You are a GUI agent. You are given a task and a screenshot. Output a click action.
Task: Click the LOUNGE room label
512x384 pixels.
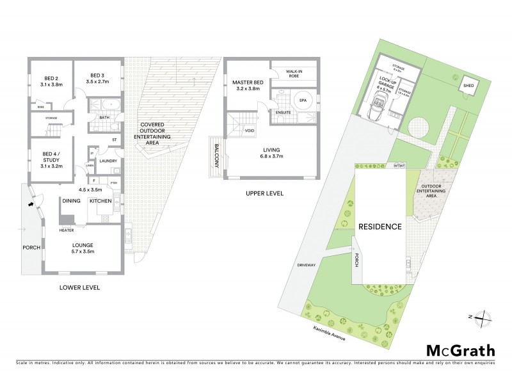click(83, 245)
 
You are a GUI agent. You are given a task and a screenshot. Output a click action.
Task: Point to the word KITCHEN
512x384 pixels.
click(100, 201)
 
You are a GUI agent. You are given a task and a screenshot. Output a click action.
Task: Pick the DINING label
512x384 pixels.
click(70, 201)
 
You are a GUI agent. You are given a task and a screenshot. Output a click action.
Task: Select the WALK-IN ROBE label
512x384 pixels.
click(294, 73)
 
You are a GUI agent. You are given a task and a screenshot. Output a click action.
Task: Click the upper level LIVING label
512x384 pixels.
click(276, 151)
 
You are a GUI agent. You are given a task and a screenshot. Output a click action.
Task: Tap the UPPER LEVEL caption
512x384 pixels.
click(266, 193)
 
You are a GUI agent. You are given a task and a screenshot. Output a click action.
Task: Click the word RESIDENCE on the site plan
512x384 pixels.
click(380, 227)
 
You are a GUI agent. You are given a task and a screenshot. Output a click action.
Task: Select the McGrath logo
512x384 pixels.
click(460, 350)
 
